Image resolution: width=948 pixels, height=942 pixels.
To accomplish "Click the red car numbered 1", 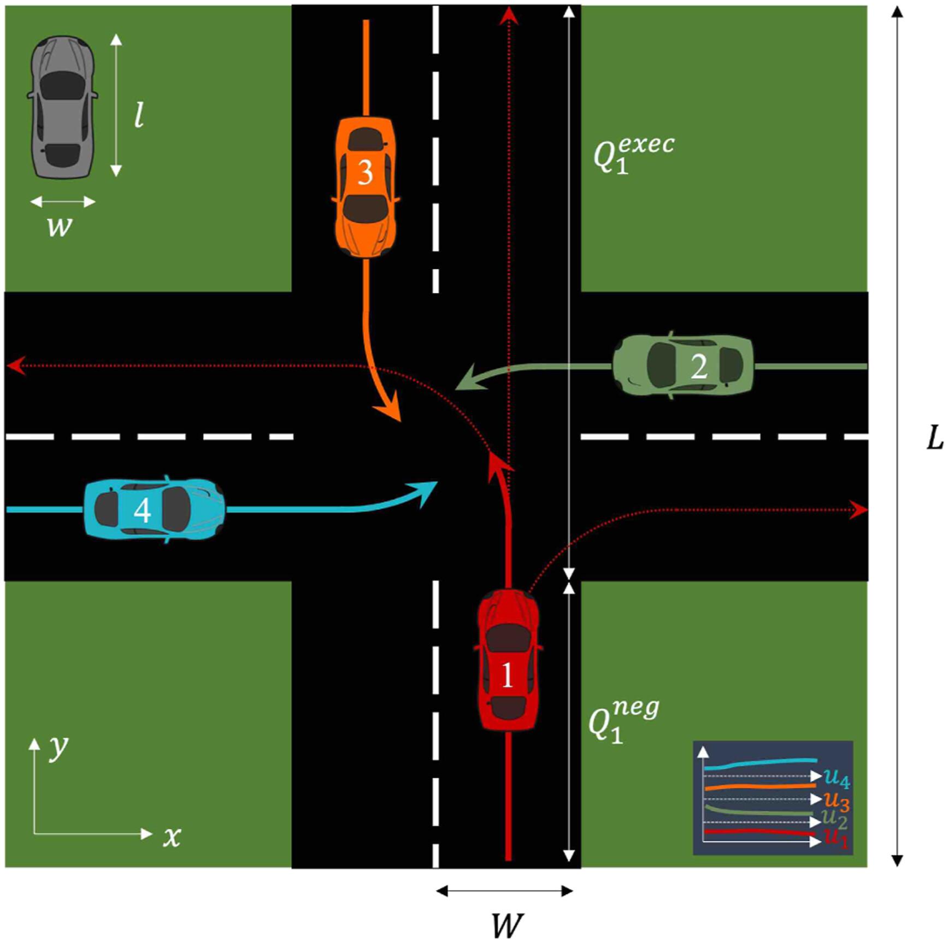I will pos(508,660).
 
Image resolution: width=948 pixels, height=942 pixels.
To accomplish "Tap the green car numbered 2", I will pos(683,365).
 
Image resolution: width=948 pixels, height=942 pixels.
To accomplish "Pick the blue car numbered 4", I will pos(154,509).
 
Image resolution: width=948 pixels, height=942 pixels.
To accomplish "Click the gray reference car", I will pos(62,108).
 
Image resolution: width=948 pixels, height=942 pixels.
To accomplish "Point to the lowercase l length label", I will pos(139,115).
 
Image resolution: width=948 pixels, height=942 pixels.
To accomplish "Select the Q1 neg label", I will pos(623,720).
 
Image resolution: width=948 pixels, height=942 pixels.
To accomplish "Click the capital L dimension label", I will pos(935,438).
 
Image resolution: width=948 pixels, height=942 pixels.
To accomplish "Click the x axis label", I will pos(172,837).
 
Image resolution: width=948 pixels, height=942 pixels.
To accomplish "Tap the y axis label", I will pos(58,746).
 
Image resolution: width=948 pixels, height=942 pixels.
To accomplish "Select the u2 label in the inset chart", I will pos(834,818).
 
